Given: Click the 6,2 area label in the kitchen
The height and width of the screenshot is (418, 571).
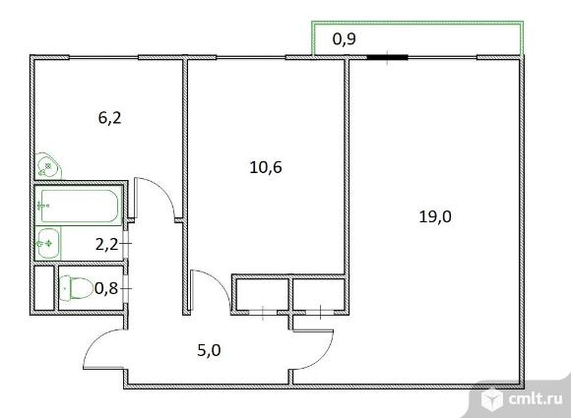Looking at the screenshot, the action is (x=109, y=118).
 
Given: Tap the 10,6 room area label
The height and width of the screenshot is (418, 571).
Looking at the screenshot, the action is (x=266, y=167).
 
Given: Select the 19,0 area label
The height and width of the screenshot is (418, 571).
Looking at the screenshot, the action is (x=435, y=216).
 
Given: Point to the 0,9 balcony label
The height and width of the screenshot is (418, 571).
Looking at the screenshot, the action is (x=345, y=39).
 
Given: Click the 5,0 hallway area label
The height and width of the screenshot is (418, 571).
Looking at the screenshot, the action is (x=209, y=350).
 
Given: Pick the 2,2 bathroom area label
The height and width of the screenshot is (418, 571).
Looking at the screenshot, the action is (x=107, y=245).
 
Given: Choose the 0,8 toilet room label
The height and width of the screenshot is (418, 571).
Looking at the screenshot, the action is (x=106, y=288).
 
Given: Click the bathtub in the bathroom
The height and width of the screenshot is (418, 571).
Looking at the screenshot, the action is (x=80, y=206).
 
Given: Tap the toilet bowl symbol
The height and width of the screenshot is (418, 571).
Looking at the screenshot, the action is (x=76, y=288).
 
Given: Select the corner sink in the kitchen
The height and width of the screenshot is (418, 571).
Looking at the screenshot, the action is (x=47, y=166).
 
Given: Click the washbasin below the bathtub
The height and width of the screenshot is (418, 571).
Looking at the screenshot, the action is (x=47, y=243).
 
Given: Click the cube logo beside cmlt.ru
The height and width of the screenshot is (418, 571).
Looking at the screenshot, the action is (x=492, y=399).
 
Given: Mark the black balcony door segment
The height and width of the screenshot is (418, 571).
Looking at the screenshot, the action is (x=387, y=57).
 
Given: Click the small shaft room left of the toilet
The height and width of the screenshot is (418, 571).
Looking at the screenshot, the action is (x=44, y=288).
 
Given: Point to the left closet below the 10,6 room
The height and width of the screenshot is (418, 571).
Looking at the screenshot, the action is (x=262, y=294).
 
